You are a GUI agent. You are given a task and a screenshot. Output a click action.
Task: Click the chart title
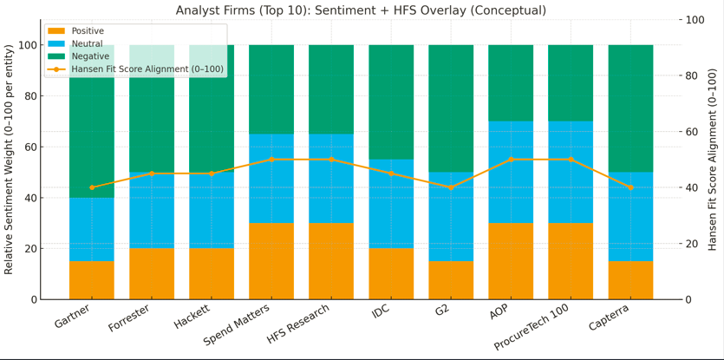[x=361, y=10]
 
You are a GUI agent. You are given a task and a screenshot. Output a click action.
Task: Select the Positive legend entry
[x=88, y=31]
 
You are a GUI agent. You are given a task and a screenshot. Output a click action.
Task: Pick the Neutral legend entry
[x=88, y=43]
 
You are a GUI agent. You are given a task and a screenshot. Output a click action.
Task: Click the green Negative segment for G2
[x=451, y=108]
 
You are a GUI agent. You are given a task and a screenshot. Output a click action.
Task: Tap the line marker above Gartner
[x=92, y=187]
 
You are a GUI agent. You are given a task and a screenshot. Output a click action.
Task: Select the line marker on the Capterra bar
[x=630, y=187]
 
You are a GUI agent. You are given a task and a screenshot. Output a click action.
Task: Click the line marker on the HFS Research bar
[x=331, y=160]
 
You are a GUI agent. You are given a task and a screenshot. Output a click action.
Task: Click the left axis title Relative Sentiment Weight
[x=10, y=160]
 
